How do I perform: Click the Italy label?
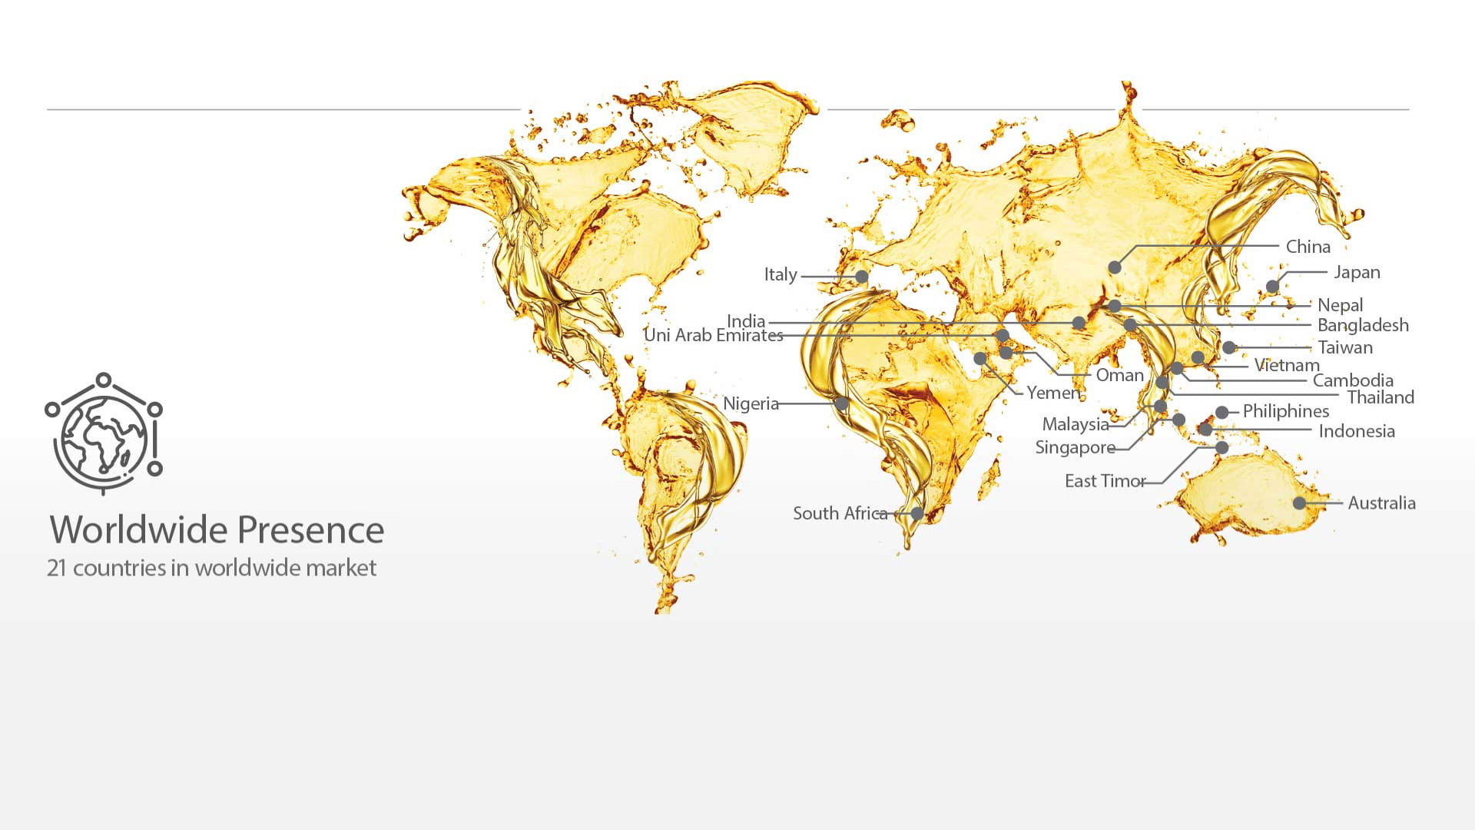[x=780, y=274]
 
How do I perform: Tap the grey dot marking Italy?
[x=862, y=277]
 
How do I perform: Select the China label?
[x=1308, y=247]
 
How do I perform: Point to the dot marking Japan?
[x=1272, y=287]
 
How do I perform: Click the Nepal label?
[x=1340, y=305]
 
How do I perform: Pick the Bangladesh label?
[x=1363, y=325]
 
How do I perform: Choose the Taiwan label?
[x=1344, y=347]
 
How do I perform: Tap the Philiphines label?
[x=1285, y=411]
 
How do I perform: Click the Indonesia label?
[x=1356, y=431]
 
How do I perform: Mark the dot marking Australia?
[x=1299, y=503]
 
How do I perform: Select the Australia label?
[x=1381, y=503]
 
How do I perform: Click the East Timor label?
[x=1105, y=481]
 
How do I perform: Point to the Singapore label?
[x=1075, y=447]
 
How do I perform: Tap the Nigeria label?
[x=751, y=403]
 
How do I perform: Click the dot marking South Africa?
[x=917, y=513]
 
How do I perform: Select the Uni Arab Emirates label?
[x=713, y=335]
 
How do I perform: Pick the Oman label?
[x=1119, y=375]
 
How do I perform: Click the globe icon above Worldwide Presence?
[x=104, y=433]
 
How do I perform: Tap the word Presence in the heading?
[x=310, y=530]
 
